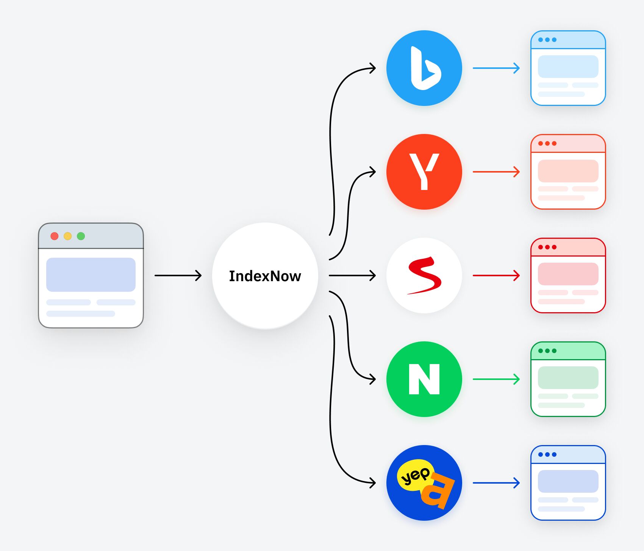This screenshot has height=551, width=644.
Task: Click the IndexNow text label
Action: click(265, 276)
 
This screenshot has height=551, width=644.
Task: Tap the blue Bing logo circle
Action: click(424, 68)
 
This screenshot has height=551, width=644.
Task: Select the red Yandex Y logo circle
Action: click(424, 172)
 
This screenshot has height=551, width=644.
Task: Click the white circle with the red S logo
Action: click(424, 275)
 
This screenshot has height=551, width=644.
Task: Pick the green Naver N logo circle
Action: click(424, 379)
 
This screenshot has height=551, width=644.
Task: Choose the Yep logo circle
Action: click(424, 483)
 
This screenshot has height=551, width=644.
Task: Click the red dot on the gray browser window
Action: click(55, 236)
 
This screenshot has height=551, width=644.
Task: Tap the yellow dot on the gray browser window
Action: click(68, 236)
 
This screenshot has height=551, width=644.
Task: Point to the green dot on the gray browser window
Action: click(81, 236)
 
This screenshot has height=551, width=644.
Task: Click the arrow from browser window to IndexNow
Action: click(178, 275)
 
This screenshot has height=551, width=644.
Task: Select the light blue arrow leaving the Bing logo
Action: click(496, 68)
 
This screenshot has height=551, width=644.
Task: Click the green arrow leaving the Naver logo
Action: click(496, 379)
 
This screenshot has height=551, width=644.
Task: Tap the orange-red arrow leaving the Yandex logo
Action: click(496, 172)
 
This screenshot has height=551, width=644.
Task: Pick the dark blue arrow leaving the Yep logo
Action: click(496, 483)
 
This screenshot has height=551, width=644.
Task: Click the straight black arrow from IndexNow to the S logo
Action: click(352, 275)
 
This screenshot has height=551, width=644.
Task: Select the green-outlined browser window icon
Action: click(568, 379)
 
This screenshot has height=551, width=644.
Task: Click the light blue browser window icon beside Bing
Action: click(568, 68)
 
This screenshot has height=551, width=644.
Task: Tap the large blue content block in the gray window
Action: click(91, 274)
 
